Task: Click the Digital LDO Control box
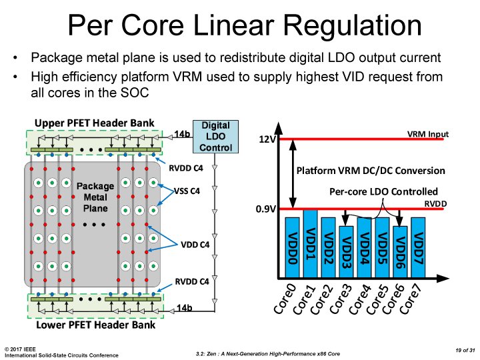[215, 137]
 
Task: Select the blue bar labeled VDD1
[311, 244]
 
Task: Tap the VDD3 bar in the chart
[346, 252]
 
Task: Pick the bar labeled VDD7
[418, 247]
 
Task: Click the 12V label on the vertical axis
[267, 139]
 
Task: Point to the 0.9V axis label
[266, 209]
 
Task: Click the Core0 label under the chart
[285, 299]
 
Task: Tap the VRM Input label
[427, 134]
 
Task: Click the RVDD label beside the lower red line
[435, 203]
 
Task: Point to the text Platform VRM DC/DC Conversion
[371, 171]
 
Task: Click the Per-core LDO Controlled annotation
[383, 191]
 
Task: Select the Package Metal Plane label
[95, 197]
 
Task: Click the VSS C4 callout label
[187, 191]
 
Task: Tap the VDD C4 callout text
[195, 245]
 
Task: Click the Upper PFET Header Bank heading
[94, 123]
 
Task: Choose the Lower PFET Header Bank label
[95, 325]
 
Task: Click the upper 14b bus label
[182, 134]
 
